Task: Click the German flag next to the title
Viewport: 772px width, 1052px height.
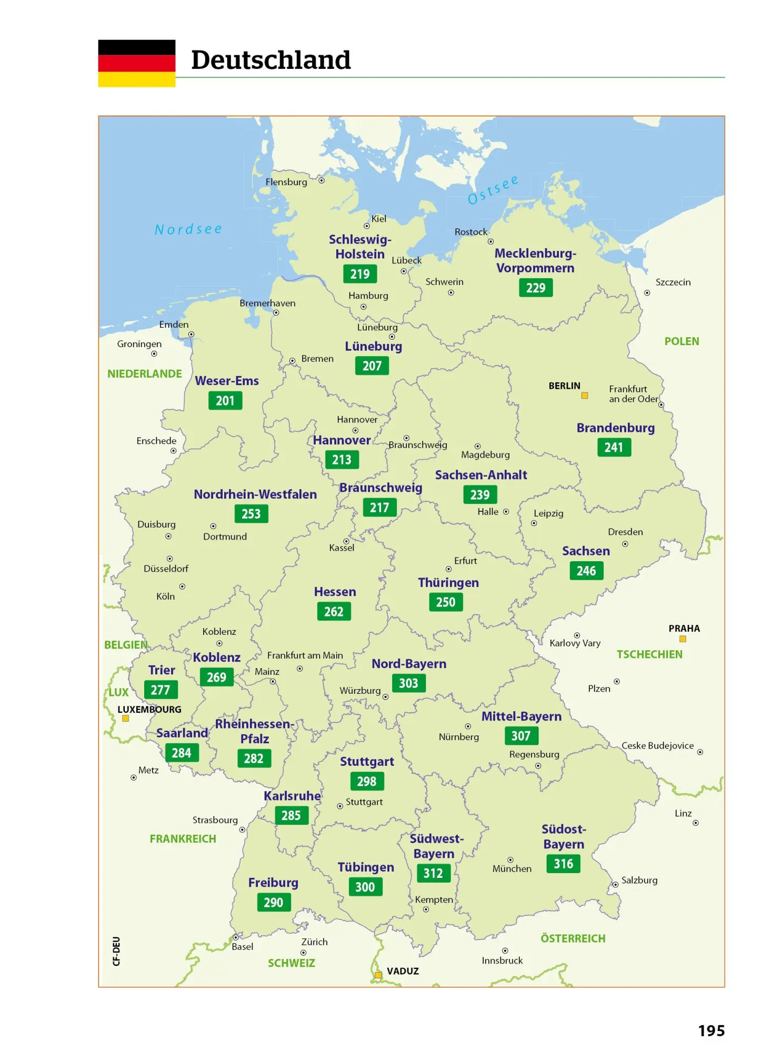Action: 136,63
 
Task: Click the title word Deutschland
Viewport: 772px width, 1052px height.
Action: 270,60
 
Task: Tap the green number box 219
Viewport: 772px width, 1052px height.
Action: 360,274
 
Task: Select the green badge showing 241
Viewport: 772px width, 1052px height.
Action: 614,448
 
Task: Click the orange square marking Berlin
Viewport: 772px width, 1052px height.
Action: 584,396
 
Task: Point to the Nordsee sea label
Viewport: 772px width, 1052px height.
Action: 188,229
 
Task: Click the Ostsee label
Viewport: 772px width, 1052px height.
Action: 493,190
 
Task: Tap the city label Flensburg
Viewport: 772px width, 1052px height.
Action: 286,182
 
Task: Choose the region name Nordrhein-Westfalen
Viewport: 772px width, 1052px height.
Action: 255,494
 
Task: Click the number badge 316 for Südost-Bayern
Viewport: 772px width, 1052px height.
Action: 563,864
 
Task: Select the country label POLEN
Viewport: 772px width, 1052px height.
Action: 681,341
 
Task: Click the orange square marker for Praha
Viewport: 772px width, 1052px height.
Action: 683,639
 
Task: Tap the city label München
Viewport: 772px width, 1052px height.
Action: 512,869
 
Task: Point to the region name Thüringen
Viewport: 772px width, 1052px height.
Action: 448,583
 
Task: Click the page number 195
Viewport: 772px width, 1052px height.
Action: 711,1031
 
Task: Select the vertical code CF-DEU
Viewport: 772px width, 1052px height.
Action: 116,951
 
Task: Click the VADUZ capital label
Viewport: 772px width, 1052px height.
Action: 403,972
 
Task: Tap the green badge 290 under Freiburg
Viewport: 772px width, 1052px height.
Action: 274,903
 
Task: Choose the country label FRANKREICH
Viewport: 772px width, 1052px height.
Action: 183,839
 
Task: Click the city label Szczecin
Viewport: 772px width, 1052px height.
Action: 673,282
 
